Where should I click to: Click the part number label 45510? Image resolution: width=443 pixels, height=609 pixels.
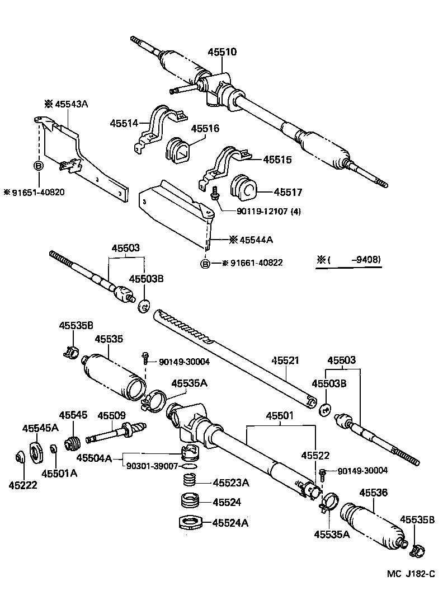coord(223,52)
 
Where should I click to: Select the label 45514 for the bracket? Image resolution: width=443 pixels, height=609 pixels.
coord(124,123)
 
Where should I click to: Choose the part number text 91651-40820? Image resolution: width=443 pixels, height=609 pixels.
coord(35,192)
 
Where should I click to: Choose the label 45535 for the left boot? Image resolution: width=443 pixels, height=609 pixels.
coord(109,339)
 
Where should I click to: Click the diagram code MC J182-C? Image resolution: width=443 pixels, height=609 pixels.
coord(410,574)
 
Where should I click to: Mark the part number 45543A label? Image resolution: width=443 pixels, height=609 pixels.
coord(72,104)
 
